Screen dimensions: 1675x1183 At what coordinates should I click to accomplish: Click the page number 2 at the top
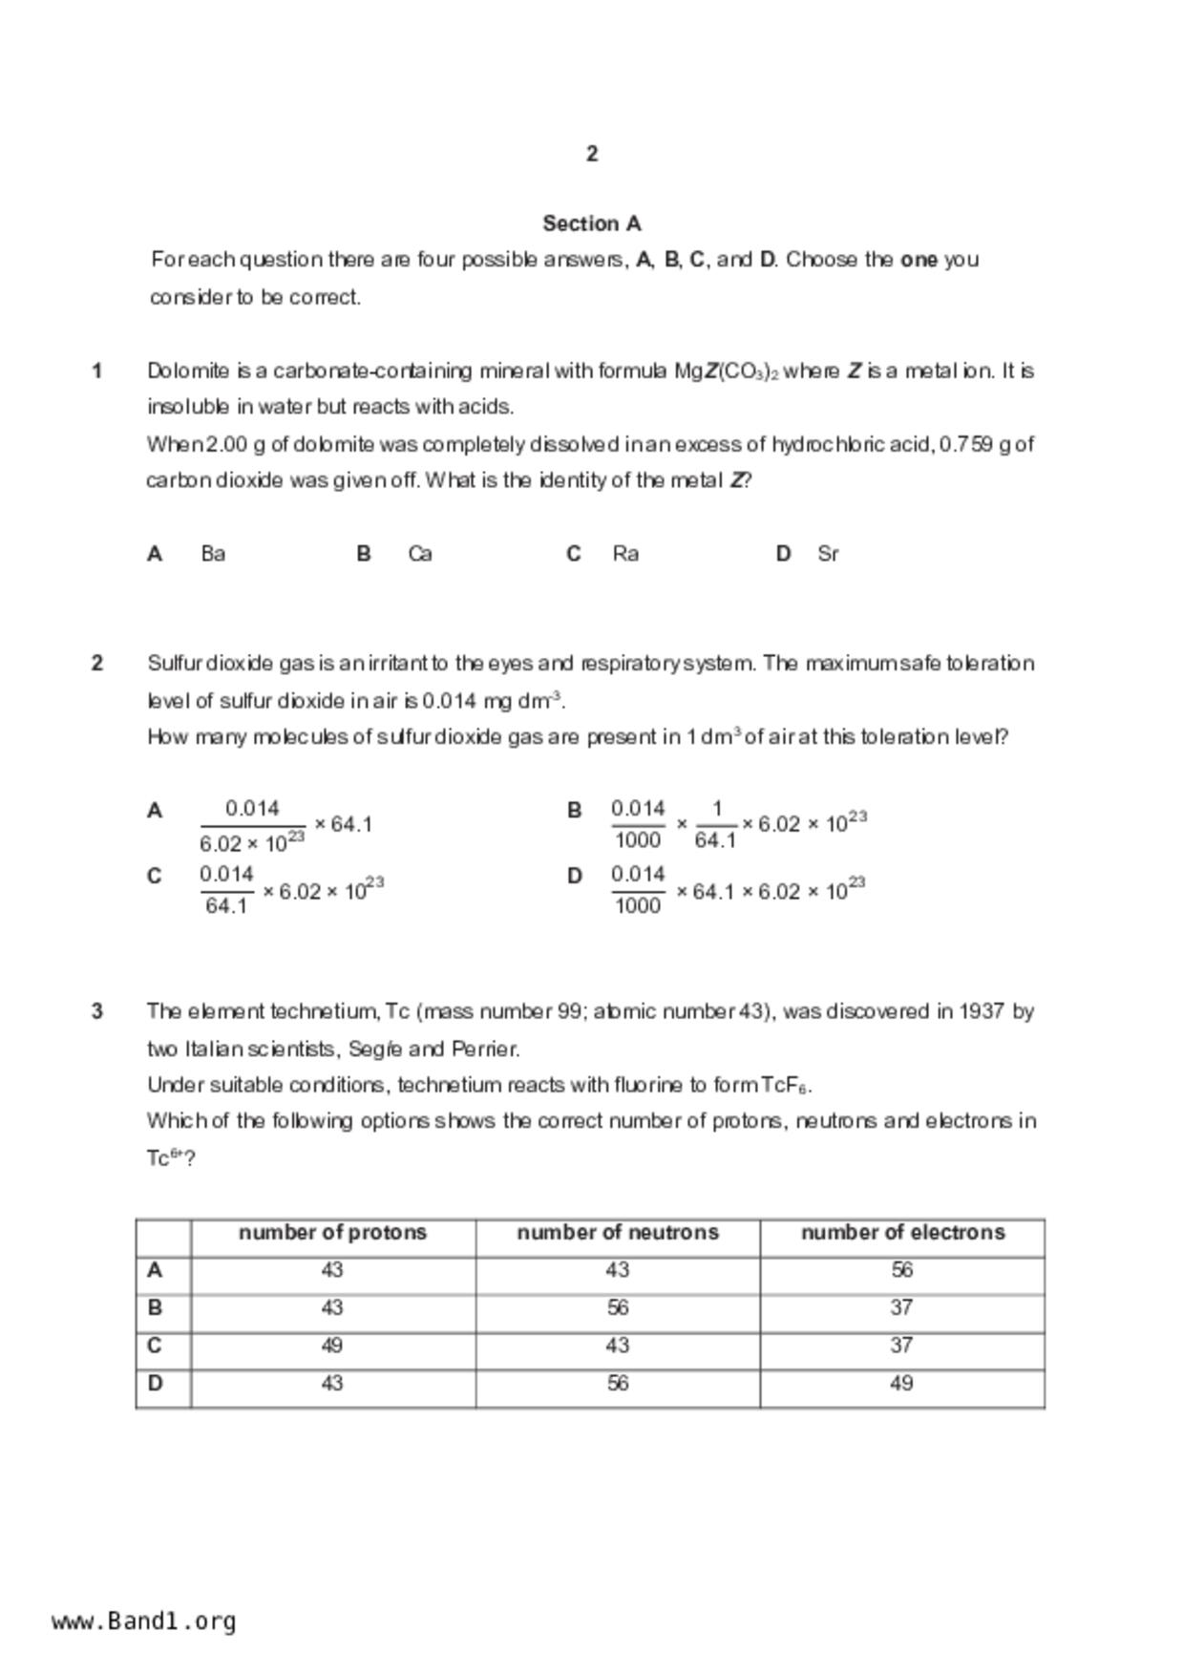pyautogui.click(x=592, y=154)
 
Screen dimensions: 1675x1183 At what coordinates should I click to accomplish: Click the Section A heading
pyautogui.click(x=592, y=223)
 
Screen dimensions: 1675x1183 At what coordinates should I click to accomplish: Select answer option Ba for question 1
pyautogui.click(x=213, y=554)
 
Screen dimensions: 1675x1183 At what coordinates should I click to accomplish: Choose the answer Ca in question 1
pyautogui.click(x=420, y=554)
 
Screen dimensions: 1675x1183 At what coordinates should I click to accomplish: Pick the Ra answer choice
pyautogui.click(x=625, y=554)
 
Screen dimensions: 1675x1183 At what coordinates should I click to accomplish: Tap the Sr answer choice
pyautogui.click(x=828, y=554)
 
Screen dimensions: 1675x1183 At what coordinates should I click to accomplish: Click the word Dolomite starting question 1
pyautogui.click(x=188, y=371)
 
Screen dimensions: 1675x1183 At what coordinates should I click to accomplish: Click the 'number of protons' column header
pyautogui.click(x=332, y=1233)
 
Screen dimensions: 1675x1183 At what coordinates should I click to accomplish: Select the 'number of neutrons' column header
pyautogui.click(x=618, y=1233)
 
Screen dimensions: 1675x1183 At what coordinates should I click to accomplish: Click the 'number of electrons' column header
pyautogui.click(x=902, y=1233)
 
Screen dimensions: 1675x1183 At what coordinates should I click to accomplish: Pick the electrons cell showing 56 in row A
pyautogui.click(x=902, y=1270)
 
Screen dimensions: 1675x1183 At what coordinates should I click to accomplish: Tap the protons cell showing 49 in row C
pyautogui.click(x=332, y=1346)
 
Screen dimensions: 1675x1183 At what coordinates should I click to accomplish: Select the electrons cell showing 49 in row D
pyautogui.click(x=902, y=1384)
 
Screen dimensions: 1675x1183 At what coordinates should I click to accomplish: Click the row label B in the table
pyautogui.click(x=155, y=1308)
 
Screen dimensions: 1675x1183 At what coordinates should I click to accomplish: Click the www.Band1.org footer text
pyautogui.click(x=144, y=1622)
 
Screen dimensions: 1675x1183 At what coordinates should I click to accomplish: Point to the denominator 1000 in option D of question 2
pyautogui.click(x=638, y=905)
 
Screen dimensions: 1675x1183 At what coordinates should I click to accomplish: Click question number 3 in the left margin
pyautogui.click(x=97, y=1011)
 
